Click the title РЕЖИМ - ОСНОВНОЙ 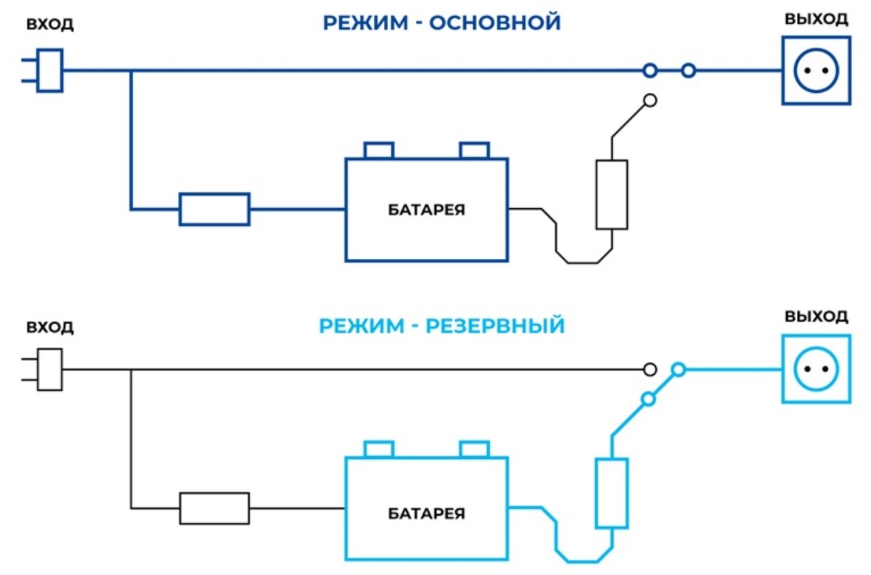click(x=441, y=22)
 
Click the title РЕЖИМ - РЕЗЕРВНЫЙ click(x=441, y=326)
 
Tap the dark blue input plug click(x=49, y=70)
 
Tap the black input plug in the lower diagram click(x=49, y=370)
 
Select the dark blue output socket click(x=814, y=70)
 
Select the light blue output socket click(x=814, y=370)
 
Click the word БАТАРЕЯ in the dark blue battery click(x=426, y=211)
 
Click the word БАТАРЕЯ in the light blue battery click(x=426, y=514)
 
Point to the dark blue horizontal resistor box click(x=214, y=209)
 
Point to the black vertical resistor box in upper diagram click(x=611, y=194)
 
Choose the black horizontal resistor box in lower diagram click(x=214, y=508)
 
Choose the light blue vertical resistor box click(x=611, y=493)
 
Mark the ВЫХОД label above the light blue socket click(x=816, y=317)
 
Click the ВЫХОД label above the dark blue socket click(x=816, y=19)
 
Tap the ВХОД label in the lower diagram click(x=49, y=327)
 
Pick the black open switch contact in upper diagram click(x=650, y=101)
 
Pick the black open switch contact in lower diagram click(x=650, y=370)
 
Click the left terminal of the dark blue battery click(x=378, y=151)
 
